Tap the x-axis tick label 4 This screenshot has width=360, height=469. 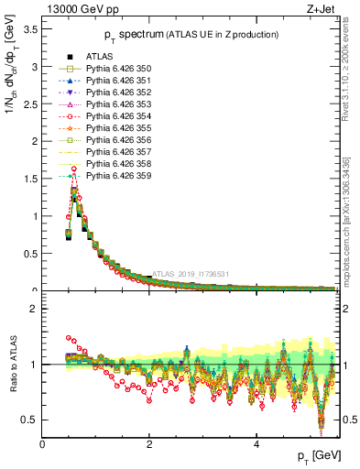(256, 445)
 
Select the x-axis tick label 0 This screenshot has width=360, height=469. (43, 445)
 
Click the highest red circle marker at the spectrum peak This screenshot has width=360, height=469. (73, 169)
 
